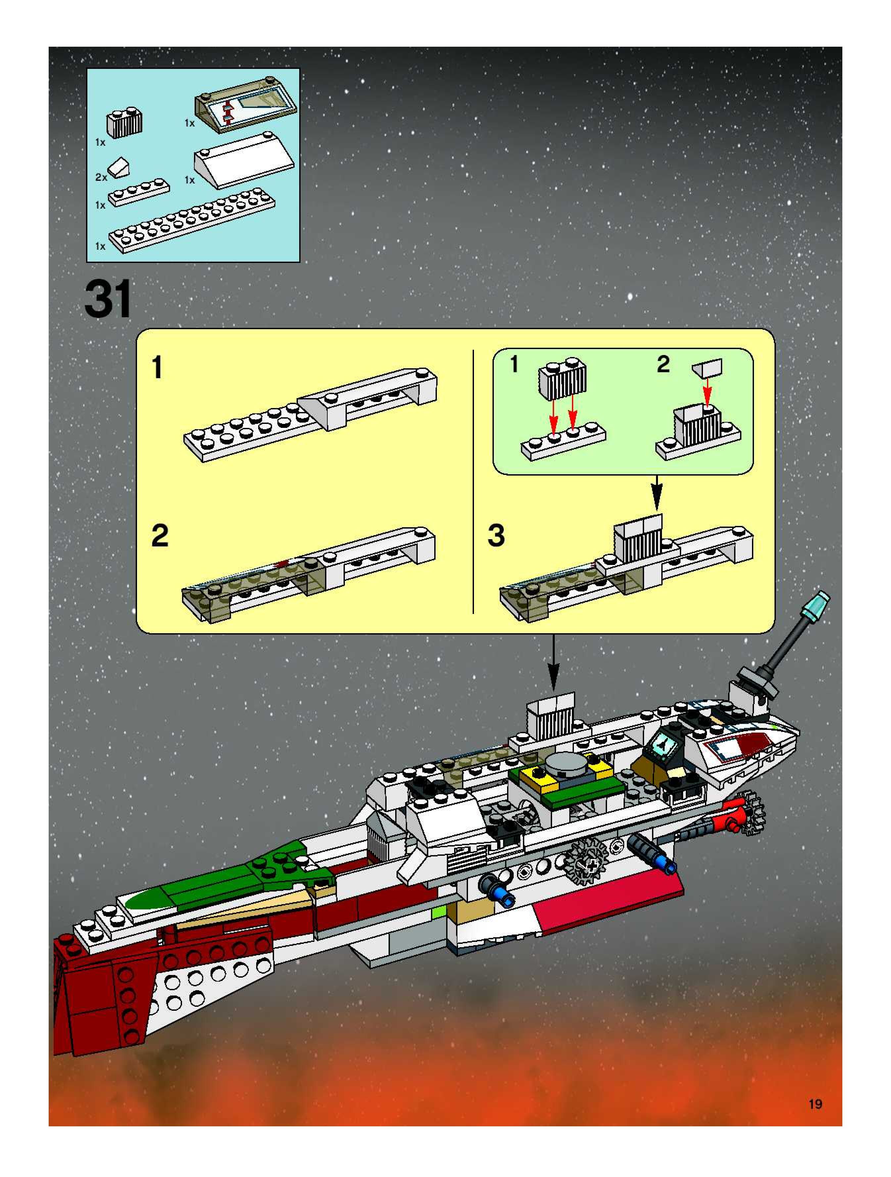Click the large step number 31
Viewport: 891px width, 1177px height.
(x=108, y=300)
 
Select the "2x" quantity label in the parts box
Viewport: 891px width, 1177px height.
(x=101, y=177)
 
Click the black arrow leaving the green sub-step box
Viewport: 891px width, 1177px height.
(x=657, y=493)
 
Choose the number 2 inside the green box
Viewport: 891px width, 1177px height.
(x=663, y=365)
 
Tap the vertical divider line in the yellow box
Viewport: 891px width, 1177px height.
(x=473, y=482)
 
